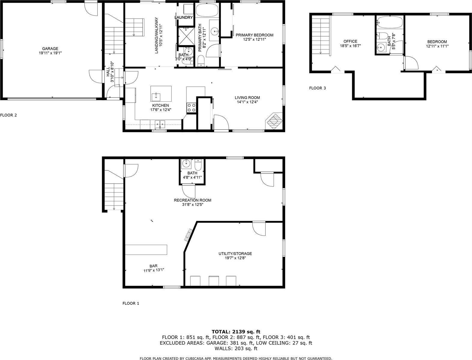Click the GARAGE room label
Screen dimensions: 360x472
(x=50, y=49)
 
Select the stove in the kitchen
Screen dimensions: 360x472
(x=192, y=108)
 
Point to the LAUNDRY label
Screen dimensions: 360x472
(x=184, y=17)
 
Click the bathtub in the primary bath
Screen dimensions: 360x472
(x=207, y=10)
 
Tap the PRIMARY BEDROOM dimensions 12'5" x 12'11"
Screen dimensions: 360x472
(x=255, y=39)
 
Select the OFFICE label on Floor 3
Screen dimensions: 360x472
(x=350, y=41)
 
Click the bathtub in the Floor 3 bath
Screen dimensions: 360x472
(x=389, y=22)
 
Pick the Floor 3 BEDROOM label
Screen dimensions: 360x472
(x=437, y=42)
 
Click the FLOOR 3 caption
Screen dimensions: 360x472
(x=317, y=88)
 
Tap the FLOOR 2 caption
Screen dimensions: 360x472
(x=8, y=115)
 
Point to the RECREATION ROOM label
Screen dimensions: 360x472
(x=192, y=200)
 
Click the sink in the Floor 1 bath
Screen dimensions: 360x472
(x=186, y=164)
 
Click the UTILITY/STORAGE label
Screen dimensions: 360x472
(x=235, y=253)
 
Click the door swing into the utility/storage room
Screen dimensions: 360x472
(x=259, y=229)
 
